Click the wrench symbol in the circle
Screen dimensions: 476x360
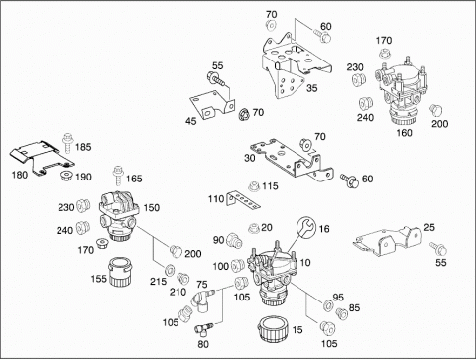tap(306, 227)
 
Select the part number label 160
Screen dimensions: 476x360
tap(404, 133)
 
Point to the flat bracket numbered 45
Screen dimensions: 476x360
tap(211, 104)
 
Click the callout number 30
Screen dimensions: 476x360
tap(250, 158)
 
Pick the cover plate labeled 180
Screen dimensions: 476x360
tap(41, 156)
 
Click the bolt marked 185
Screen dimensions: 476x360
tap(68, 143)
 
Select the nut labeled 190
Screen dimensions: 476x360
tap(66, 176)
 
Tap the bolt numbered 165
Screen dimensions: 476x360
tap(118, 176)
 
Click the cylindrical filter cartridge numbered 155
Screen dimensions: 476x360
tap(120, 272)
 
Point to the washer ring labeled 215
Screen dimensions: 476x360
tap(169, 270)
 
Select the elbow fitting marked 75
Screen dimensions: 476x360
tap(201, 300)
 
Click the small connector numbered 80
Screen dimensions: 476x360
tap(203, 329)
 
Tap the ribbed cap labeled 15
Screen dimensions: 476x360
tap(274, 329)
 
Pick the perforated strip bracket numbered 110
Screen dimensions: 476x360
tap(243, 200)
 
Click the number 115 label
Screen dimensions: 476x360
tap(270, 186)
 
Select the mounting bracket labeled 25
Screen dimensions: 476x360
tap(388, 241)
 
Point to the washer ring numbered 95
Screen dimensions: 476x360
tap(328, 305)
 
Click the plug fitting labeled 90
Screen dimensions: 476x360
tap(234, 240)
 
